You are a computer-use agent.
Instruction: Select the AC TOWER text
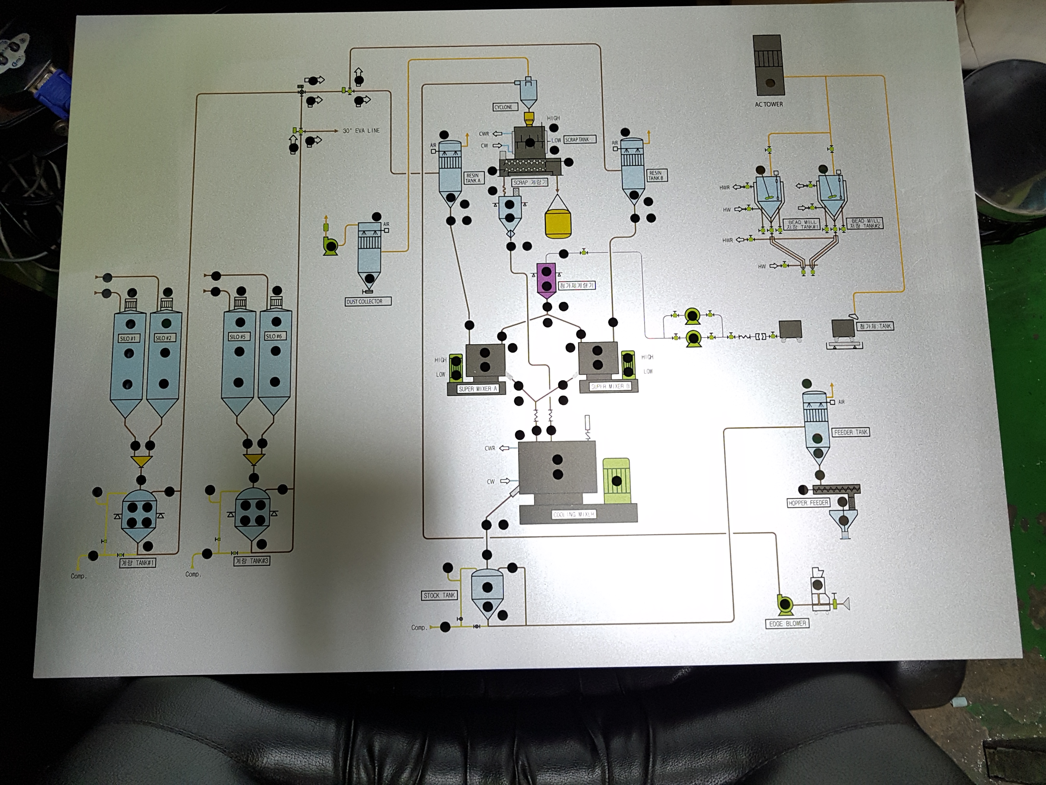[x=768, y=104]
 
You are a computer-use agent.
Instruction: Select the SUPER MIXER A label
[x=478, y=389]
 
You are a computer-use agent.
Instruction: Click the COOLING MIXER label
[x=574, y=514]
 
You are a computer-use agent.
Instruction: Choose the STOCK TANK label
[x=439, y=595]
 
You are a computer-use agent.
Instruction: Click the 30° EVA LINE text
[x=361, y=131]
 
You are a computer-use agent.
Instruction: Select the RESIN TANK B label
[x=656, y=175]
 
